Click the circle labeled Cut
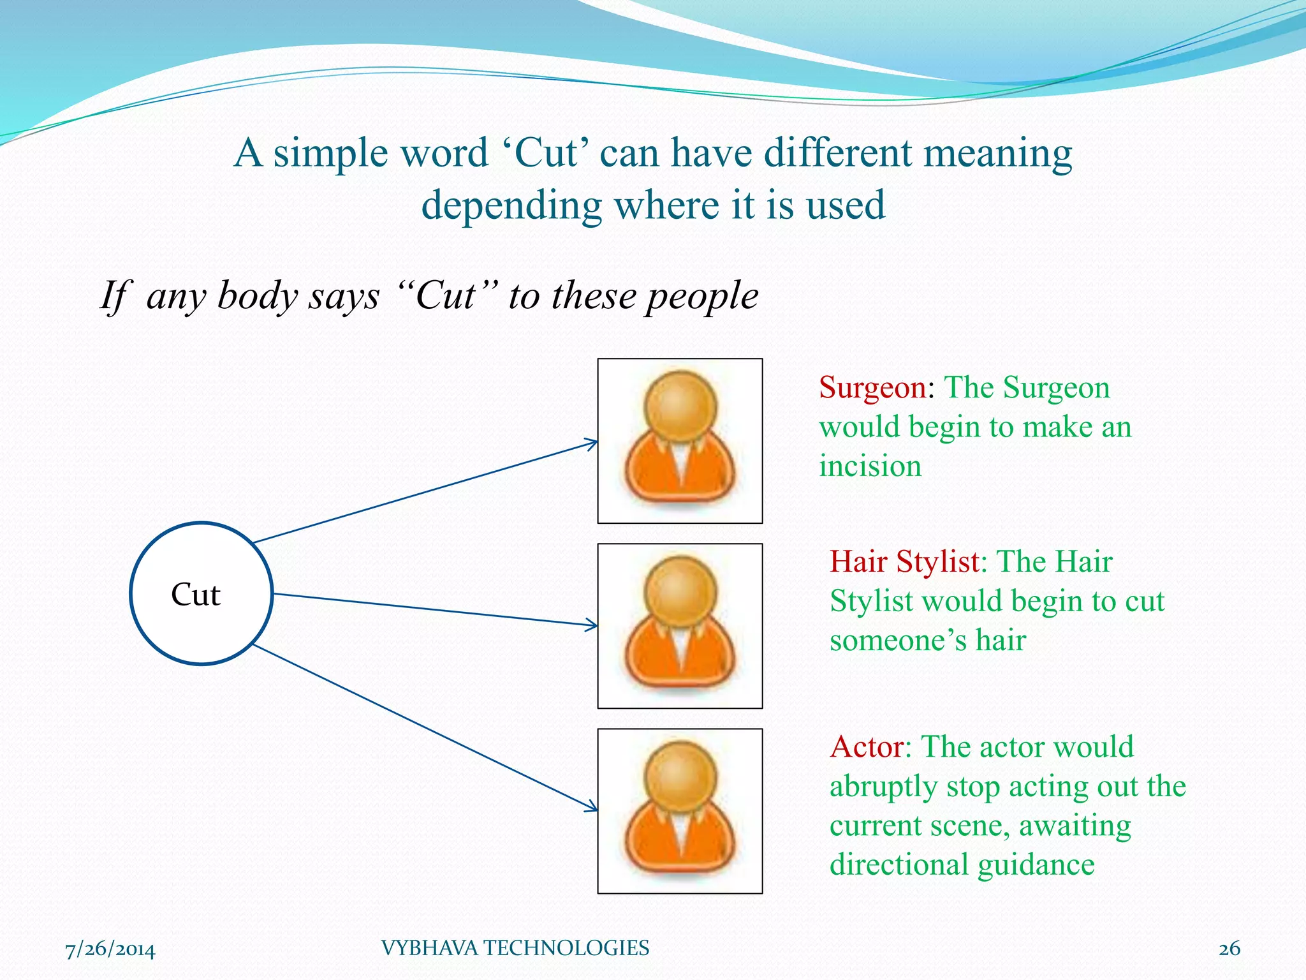click(x=202, y=593)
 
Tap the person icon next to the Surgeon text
click(x=680, y=441)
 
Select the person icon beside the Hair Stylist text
click(x=680, y=626)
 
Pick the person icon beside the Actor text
click(x=680, y=811)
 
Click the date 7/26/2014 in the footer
click(x=110, y=949)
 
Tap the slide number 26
click(x=1229, y=949)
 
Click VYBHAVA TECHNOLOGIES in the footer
click(x=515, y=948)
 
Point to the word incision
click(x=870, y=466)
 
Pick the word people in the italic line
click(x=701, y=297)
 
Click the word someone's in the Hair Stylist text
click(x=897, y=641)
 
